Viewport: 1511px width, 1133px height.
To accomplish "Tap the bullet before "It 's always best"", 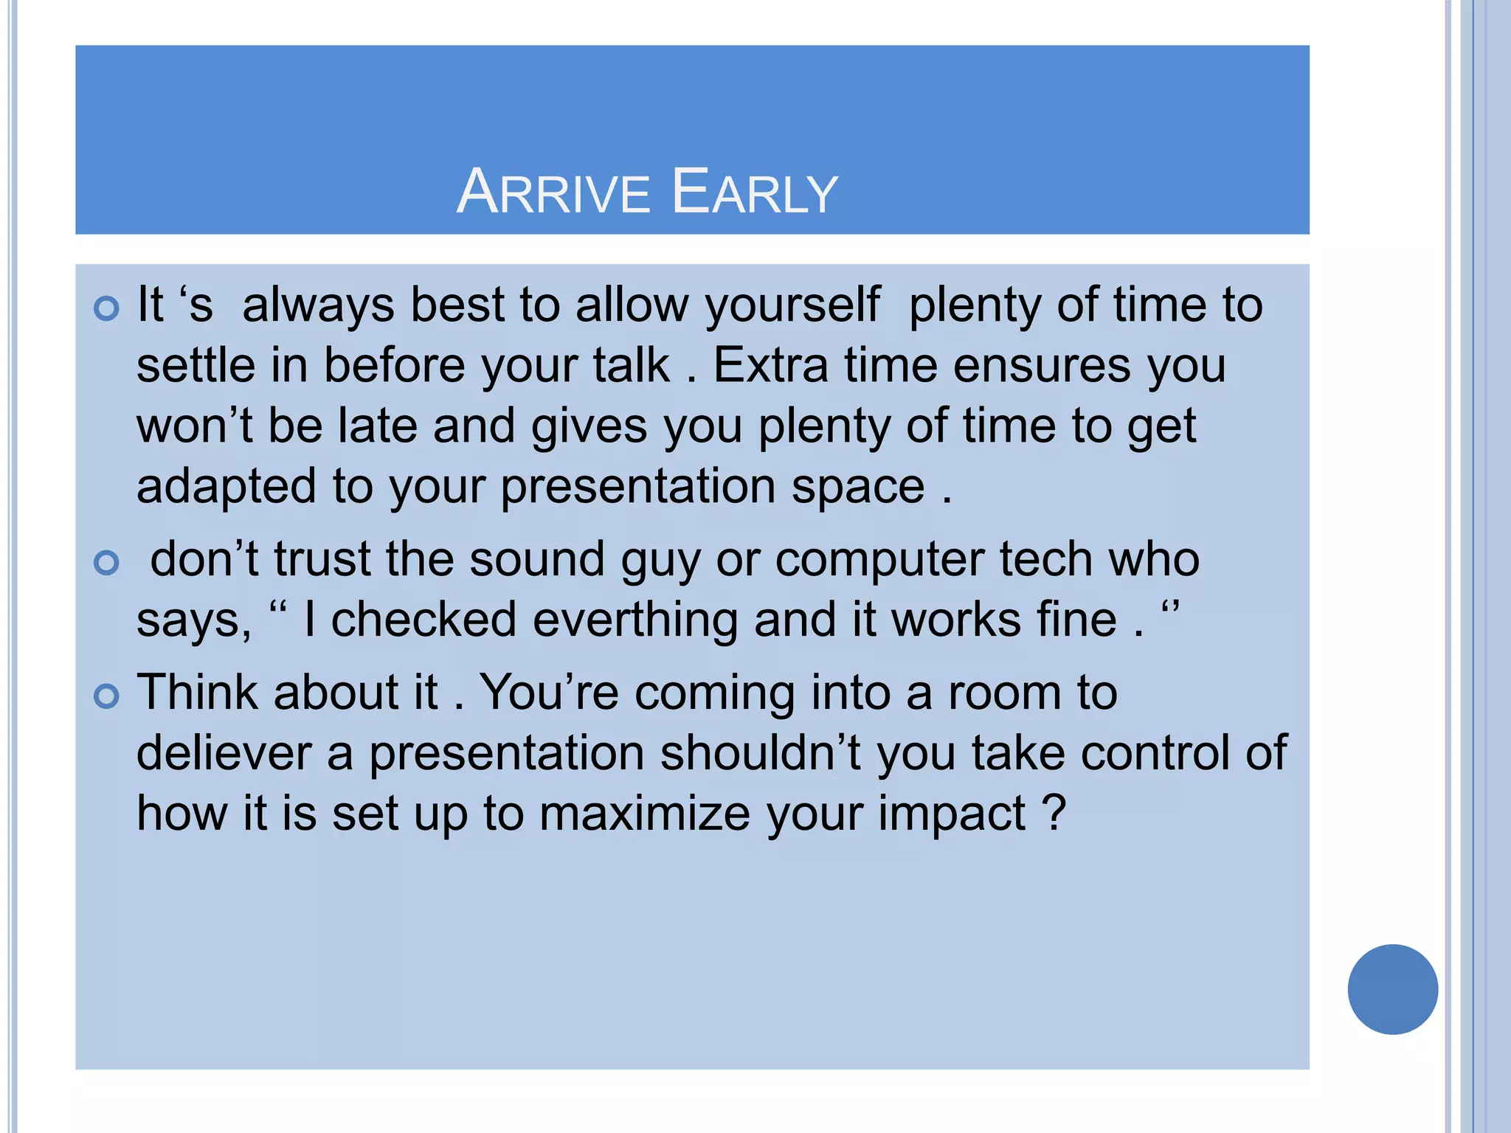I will tap(107, 308).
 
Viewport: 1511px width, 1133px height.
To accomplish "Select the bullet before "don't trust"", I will tap(107, 563).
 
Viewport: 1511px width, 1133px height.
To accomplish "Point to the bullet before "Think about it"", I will tap(107, 696).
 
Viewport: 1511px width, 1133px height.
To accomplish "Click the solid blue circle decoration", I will tap(1392, 989).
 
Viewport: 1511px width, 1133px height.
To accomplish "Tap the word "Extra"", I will tap(771, 366).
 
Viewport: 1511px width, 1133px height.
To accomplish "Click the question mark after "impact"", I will tap(1055, 813).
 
